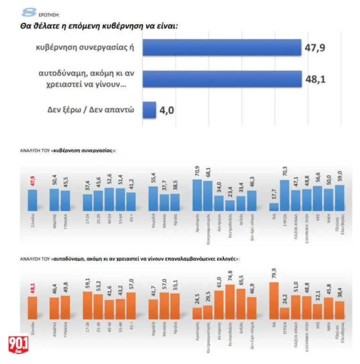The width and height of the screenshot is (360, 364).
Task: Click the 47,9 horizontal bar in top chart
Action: click(x=221, y=48)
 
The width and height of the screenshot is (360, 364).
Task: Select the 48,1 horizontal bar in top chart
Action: click(x=221, y=79)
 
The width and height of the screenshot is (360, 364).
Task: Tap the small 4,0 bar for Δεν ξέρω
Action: click(x=149, y=110)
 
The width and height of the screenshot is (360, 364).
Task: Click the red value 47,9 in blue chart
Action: click(x=32, y=182)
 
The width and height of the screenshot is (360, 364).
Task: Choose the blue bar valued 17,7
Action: click(x=274, y=206)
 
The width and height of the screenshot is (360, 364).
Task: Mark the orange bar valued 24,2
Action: click(x=285, y=313)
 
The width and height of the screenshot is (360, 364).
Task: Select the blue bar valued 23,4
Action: click(x=230, y=205)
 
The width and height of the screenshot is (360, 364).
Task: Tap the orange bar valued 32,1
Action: click(x=317, y=311)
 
